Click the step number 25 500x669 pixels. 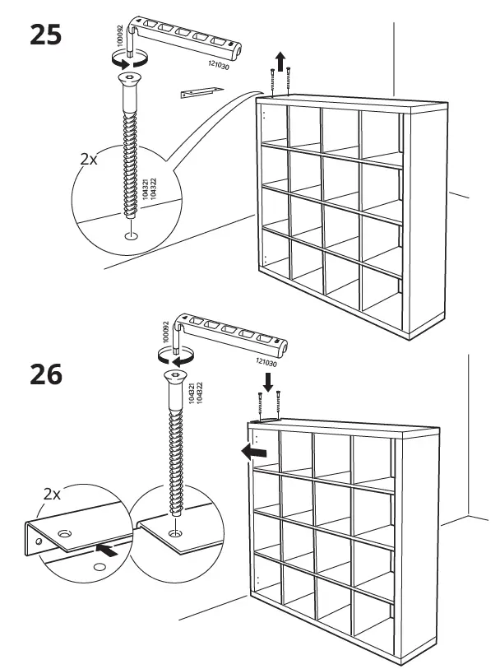(x=45, y=35)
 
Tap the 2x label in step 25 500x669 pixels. (x=88, y=160)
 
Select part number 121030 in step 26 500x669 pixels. (x=266, y=363)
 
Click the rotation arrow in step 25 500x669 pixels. (x=129, y=60)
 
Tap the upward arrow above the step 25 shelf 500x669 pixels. (x=280, y=60)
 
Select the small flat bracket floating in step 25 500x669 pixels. (x=201, y=93)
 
